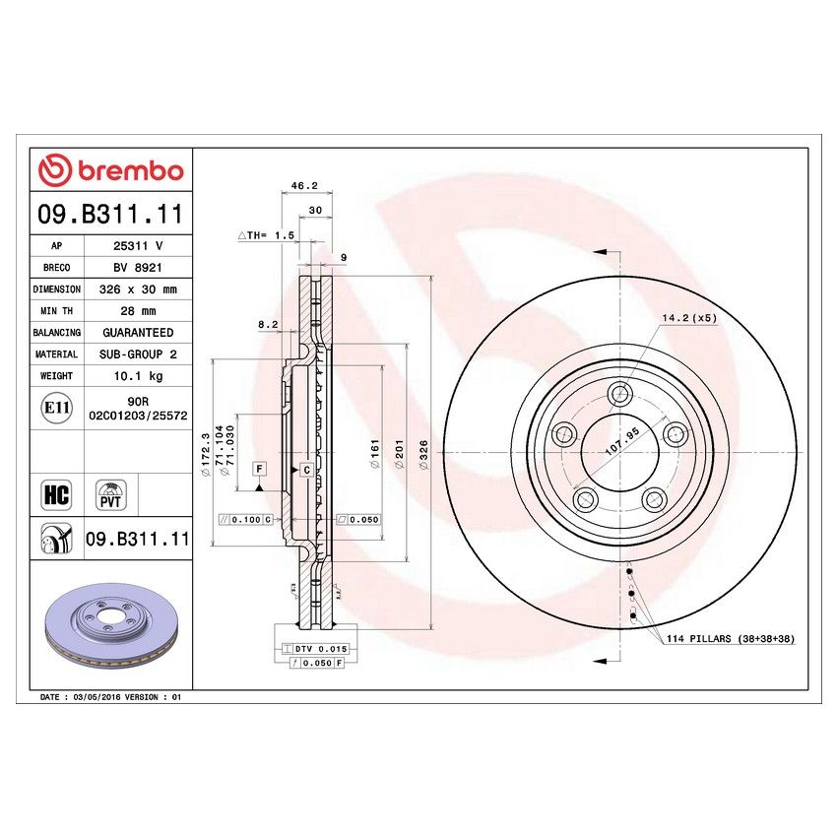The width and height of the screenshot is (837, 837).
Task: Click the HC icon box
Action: tap(56, 493)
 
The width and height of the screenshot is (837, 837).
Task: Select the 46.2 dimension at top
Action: tap(304, 185)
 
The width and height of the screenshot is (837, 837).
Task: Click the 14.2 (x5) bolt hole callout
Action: tap(689, 317)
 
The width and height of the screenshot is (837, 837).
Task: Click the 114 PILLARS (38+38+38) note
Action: tap(730, 639)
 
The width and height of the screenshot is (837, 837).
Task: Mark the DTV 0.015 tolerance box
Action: tap(314, 649)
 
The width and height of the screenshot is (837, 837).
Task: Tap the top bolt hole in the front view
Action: tap(618, 395)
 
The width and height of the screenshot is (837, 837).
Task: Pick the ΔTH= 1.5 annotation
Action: tap(266, 236)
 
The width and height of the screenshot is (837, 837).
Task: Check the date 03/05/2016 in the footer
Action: tap(94, 696)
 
